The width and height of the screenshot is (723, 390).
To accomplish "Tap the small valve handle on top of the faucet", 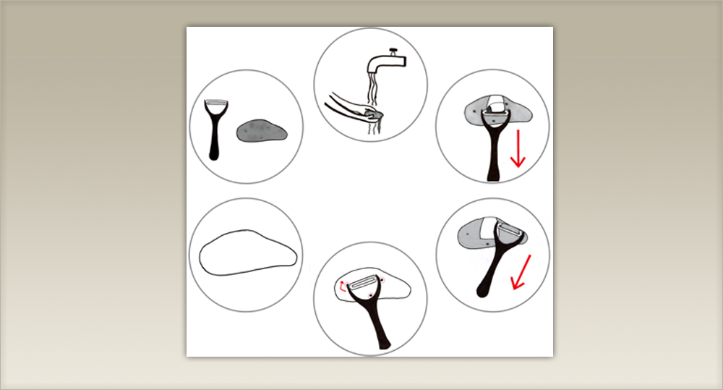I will click(393, 51).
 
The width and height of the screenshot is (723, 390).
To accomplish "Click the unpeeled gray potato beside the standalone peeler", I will click(261, 130).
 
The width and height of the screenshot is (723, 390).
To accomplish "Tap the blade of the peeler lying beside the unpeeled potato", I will click(215, 104).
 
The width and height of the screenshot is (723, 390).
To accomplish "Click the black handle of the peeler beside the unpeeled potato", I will click(215, 141).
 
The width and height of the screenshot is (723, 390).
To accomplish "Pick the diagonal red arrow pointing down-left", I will click(519, 271).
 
